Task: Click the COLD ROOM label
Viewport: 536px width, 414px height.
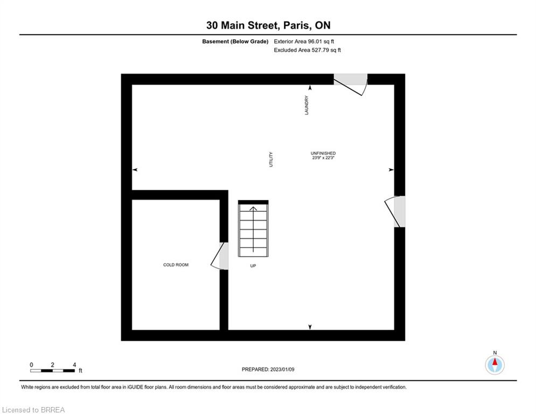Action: [x=176, y=265]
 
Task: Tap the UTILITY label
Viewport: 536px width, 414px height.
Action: [x=271, y=160]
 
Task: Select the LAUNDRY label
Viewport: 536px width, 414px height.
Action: [x=307, y=105]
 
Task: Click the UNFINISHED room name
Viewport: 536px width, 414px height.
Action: [x=323, y=153]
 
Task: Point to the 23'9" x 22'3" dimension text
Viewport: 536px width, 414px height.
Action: [x=323, y=158]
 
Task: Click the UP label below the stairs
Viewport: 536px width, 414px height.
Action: [x=253, y=266]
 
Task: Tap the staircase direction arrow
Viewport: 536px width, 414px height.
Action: [x=253, y=229]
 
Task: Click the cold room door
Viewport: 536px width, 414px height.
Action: [x=219, y=256]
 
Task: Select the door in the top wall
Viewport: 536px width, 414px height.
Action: [x=350, y=84]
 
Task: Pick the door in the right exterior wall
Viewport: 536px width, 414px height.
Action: [x=395, y=211]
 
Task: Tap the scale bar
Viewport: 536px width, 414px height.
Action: [x=53, y=370]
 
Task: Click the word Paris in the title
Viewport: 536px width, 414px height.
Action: [x=297, y=25]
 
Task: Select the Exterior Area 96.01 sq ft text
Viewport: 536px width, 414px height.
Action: [x=304, y=42]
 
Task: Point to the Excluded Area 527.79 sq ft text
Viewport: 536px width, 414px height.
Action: [x=307, y=50]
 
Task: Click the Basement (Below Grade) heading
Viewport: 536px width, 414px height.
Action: [x=235, y=42]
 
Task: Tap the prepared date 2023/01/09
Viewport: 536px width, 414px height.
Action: [x=282, y=369]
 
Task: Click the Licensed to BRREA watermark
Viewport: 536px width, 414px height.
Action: [x=33, y=410]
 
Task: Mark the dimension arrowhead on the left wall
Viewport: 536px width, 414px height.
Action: [x=135, y=170]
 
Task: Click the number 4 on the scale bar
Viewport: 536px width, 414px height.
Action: [x=74, y=365]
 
